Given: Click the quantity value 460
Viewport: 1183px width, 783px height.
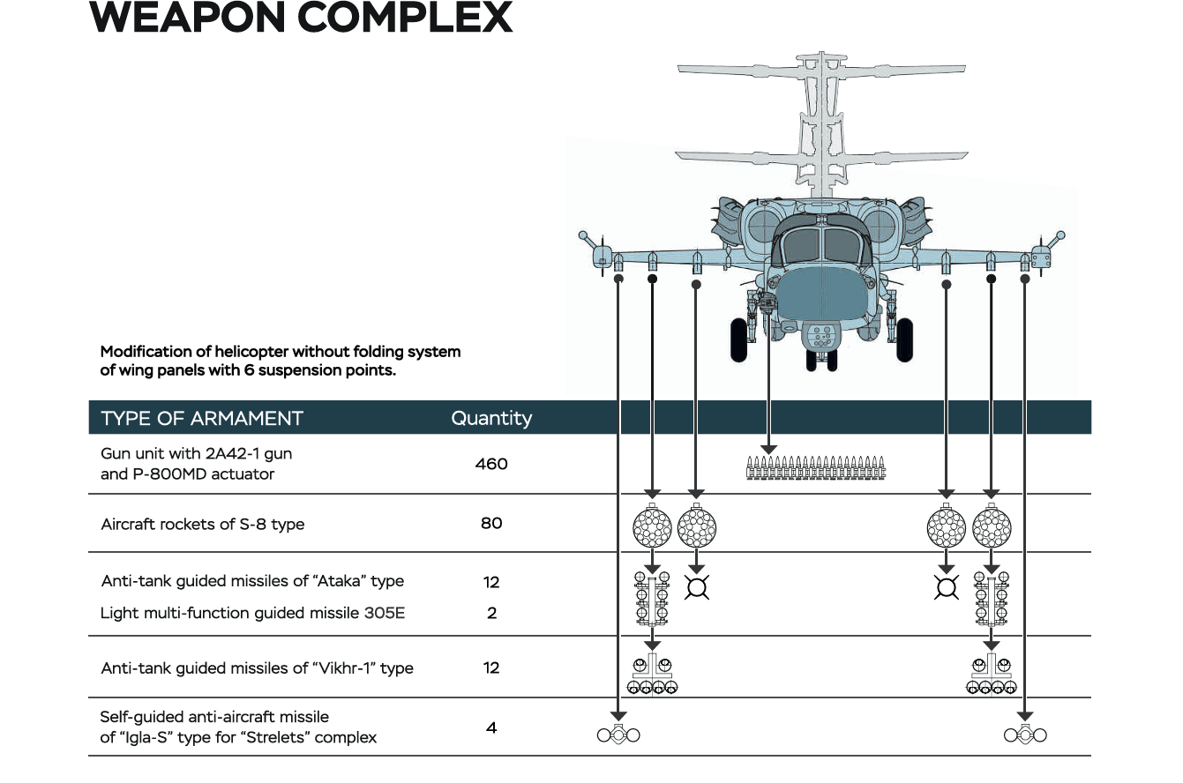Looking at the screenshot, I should [491, 464].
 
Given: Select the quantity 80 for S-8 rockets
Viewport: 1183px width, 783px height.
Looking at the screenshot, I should [491, 523].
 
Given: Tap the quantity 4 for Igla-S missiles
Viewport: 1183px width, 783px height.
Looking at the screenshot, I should [491, 728].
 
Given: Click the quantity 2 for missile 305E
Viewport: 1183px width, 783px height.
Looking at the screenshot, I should [491, 613].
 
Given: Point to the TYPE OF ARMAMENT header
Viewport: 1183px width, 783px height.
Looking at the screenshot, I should [202, 418].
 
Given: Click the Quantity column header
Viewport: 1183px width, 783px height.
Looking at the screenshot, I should [491, 418].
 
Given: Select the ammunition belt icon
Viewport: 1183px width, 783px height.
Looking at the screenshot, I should [815, 468].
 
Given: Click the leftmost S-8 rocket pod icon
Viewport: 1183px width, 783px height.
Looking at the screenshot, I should [653, 526].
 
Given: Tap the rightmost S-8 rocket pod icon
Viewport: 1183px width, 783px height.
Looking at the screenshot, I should [992, 526].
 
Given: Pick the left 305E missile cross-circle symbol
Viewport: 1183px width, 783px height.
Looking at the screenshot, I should [697, 587].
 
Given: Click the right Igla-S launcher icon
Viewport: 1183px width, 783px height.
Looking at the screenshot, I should [1025, 734].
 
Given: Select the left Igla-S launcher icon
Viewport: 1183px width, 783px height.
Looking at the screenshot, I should [618, 734].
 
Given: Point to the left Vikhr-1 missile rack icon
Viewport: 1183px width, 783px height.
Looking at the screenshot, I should [652, 675].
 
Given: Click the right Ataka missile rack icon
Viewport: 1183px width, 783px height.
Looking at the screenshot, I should [991, 597].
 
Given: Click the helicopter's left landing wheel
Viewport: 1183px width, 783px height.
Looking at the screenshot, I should [739, 339].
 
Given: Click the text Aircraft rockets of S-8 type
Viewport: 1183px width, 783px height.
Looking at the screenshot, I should [202, 524].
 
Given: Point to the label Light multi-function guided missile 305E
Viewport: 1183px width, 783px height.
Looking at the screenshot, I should [252, 613].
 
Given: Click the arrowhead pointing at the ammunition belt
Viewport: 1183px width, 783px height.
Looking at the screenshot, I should [768, 451].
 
